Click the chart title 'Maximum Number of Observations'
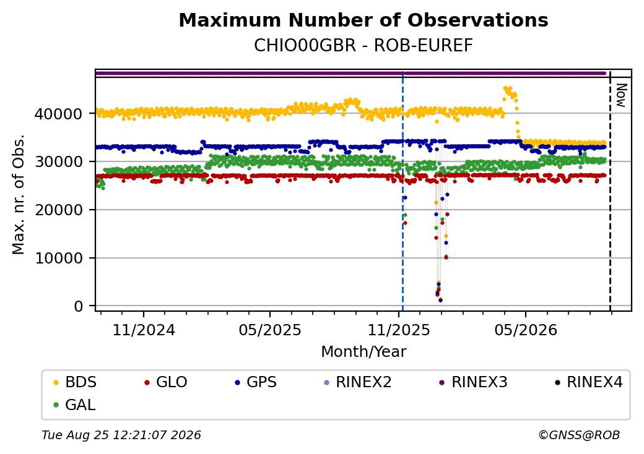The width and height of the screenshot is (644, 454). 363,20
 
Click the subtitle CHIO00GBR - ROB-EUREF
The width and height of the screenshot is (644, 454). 363,46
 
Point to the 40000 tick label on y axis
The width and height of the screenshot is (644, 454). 59,114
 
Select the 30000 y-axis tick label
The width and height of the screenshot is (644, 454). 59,161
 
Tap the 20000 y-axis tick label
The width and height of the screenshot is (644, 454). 59,210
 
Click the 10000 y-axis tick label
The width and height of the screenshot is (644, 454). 59,258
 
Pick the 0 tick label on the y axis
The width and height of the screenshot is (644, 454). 79,306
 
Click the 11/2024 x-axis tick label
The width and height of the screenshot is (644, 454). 144,330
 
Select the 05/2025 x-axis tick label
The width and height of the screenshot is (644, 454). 270,330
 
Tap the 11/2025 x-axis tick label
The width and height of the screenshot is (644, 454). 398,330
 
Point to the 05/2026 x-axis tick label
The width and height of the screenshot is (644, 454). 526,330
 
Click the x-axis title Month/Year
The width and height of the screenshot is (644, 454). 363,351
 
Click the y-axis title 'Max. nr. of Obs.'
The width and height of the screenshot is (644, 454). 19,194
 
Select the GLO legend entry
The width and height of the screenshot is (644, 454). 166,382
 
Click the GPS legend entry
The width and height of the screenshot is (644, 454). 256,382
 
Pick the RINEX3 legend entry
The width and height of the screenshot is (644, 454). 474,382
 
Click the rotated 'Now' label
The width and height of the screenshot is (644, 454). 622,96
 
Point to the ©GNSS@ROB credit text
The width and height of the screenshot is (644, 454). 579,435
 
